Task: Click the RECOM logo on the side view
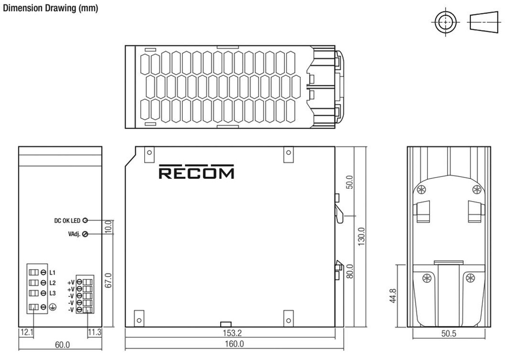point(196,172)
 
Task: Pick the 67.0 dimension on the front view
point(109,279)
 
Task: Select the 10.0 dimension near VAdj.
point(109,226)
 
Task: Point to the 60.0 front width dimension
point(62,344)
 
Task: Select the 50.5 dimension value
point(449,334)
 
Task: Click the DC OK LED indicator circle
point(85,220)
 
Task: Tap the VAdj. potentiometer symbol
point(85,234)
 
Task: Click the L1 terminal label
point(52,272)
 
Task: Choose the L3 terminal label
point(52,293)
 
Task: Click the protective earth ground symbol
point(52,307)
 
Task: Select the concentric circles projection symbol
point(445,22)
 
